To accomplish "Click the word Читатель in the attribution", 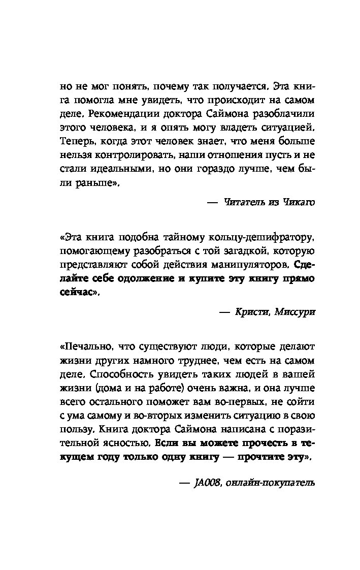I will pyautogui.click(x=244, y=202).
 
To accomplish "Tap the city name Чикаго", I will pyautogui.click(x=298, y=202).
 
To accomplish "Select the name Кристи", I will pyautogui.click(x=252, y=312).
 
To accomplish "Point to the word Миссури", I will pyautogui.click(x=295, y=312).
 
